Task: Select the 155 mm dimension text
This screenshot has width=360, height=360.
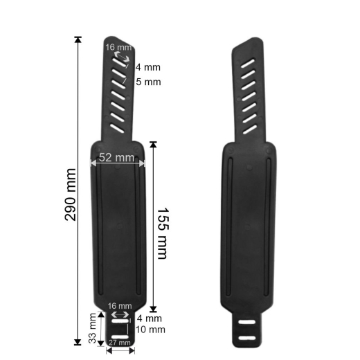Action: click(x=163, y=233)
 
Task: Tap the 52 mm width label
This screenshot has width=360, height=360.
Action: click(x=116, y=158)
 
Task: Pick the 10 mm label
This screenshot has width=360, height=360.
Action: click(x=150, y=330)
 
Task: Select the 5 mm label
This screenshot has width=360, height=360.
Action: click(x=148, y=82)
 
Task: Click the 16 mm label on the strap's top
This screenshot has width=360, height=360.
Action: click(x=114, y=47)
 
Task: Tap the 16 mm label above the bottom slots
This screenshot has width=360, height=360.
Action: click(x=120, y=306)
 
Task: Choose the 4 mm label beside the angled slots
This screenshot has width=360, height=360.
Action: click(x=148, y=67)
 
